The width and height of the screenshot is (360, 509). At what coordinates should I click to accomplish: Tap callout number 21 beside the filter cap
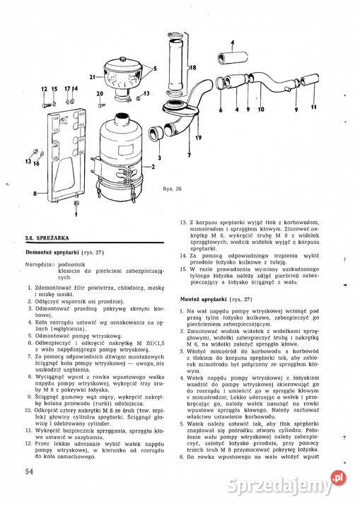pyautogui.click(x=92, y=76)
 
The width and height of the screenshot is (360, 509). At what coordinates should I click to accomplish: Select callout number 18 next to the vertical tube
pyautogui.click(x=191, y=67)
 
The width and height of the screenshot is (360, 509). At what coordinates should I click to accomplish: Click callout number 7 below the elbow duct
pyautogui.click(x=189, y=153)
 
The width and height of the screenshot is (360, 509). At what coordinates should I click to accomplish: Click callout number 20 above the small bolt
pyautogui.click(x=100, y=95)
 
